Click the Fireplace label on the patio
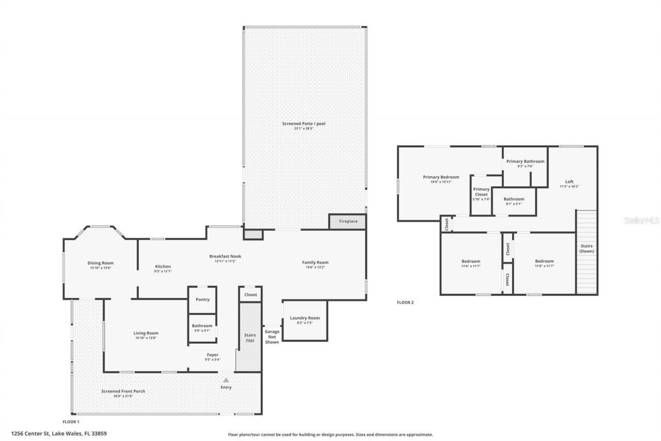[x=348, y=221]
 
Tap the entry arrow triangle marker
[x=226, y=380]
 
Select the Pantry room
[x=202, y=299]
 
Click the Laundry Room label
[x=305, y=318]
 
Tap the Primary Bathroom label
[x=525, y=161]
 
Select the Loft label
[x=569, y=181]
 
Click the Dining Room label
[x=100, y=263]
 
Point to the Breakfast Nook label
[x=225, y=256]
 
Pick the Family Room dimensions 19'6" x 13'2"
[x=315, y=267]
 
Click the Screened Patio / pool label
[x=304, y=124]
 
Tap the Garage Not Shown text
[x=272, y=337]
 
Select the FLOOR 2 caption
[x=405, y=302]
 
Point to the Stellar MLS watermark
[x=641, y=220]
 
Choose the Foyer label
[x=212, y=355]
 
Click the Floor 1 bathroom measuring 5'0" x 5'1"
[x=202, y=328]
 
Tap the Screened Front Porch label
[x=123, y=391]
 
